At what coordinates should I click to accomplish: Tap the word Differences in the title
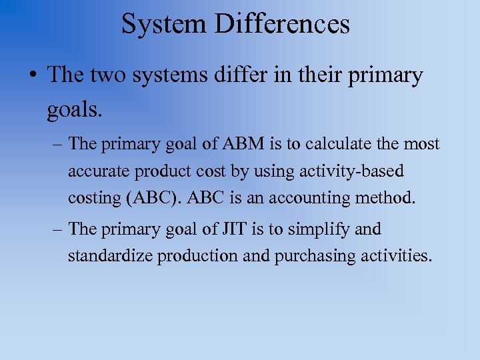[283, 24]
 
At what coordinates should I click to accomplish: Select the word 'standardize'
[110, 256]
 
